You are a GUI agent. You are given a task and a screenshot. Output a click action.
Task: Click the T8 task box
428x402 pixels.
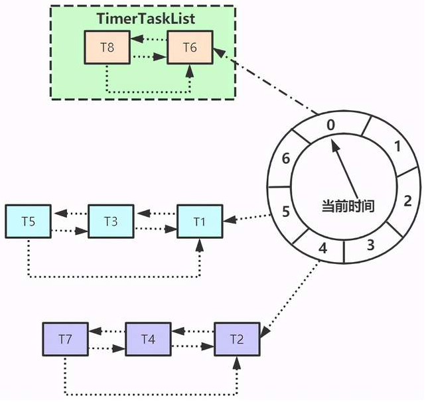point(106,48)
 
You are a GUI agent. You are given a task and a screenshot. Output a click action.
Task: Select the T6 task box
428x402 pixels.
point(190,48)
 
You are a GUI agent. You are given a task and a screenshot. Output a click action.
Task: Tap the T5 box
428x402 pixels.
point(28,222)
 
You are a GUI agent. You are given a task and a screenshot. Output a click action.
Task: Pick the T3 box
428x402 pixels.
point(111,222)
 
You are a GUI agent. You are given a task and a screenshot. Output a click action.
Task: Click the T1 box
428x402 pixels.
point(200,220)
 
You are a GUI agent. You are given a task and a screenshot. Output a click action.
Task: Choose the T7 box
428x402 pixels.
point(65,340)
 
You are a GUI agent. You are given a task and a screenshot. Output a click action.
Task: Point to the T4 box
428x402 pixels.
point(148,340)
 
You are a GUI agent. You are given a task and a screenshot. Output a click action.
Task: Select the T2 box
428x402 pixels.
point(237,340)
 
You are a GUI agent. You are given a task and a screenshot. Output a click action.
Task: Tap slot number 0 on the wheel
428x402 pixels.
point(332,124)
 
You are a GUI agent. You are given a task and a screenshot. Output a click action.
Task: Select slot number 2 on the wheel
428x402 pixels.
point(407,200)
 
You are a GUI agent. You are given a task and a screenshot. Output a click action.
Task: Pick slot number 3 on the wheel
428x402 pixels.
point(370,244)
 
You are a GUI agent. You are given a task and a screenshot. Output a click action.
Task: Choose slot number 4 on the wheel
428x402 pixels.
point(323,250)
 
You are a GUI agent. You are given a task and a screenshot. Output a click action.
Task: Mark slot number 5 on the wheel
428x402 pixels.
point(285,212)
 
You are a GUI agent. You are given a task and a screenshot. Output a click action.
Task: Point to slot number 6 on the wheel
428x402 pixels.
point(285,159)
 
